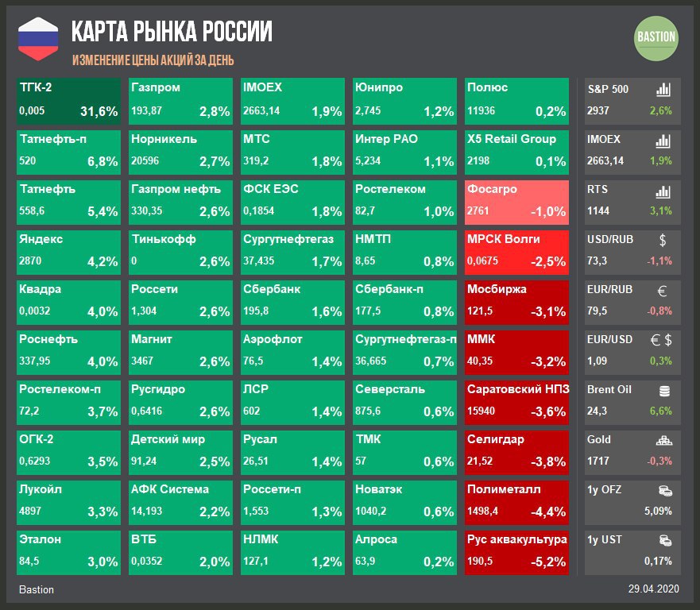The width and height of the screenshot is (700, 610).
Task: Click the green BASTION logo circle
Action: (656, 37)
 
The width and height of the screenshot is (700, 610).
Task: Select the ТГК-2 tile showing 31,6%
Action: (69, 100)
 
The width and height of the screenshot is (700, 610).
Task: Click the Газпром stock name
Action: (156, 87)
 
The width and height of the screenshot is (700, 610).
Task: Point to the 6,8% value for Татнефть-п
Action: (102, 162)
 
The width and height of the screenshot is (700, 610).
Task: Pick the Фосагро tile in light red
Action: (517, 202)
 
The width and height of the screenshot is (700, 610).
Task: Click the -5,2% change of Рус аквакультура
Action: (548, 562)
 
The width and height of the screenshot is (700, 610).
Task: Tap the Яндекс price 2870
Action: (30, 261)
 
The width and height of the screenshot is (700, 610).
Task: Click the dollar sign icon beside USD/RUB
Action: (663, 239)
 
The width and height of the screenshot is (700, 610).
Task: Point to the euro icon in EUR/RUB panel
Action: (663, 291)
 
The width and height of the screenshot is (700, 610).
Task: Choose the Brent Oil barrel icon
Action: (663, 390)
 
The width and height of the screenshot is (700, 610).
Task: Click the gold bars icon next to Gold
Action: (663, 440)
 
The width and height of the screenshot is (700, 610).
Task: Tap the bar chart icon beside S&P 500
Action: (663, 89)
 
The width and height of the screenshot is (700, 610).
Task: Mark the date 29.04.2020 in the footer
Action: (654, 589)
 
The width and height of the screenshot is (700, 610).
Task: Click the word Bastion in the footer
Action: (37, 589)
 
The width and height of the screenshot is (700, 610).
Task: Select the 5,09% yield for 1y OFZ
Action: (658, 511)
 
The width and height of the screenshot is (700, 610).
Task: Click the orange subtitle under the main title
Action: (153, 60)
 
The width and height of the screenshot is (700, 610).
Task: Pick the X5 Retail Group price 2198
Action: (480, 162)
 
